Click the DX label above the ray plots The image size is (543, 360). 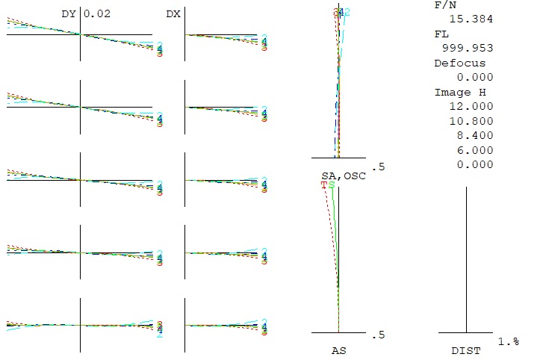[x=173, y=13]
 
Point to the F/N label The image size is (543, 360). [x=444, y=4]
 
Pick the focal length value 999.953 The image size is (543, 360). [x=463, y=49]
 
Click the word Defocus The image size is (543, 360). [x=459, y=63]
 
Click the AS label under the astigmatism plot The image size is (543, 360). [x=338, y=350]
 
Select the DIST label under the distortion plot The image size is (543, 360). [x=466, y=350]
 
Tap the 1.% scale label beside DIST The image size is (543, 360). [x=509, y=341]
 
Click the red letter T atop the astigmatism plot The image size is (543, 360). [x=324, y=184]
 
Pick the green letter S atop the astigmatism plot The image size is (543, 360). [x=332, y=184]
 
